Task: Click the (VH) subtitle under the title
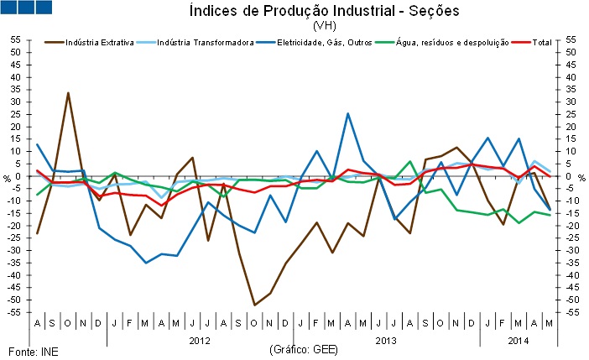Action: coord(324,26)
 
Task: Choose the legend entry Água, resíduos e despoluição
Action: coord(445,42)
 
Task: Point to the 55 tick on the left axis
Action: coord(16,39)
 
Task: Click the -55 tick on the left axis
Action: coord(14,312)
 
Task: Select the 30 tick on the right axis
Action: coord(572,102)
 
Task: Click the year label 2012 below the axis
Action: coord(200,341)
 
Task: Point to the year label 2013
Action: coord(386,341)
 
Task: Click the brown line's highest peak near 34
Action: coord(68,92)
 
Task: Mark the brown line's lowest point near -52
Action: coord(254,305)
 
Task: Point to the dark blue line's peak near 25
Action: coord(347,113)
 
